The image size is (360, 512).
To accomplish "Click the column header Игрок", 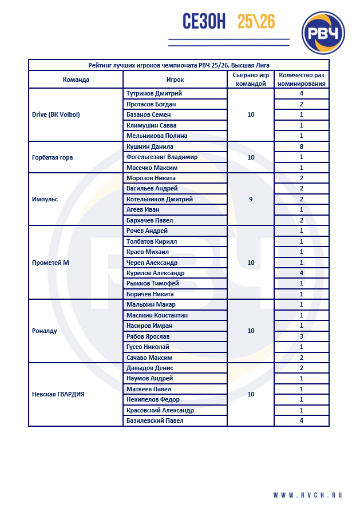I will tap(175, 80).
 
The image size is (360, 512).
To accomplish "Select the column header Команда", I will tap(76, 80).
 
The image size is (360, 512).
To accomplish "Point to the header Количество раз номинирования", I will tap(302, 80).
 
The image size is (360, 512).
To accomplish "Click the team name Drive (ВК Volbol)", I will tap(56, 114).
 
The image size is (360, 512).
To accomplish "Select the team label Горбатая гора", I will tap(53, 157).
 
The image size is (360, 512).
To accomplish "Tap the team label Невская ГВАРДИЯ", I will tap(58, 394).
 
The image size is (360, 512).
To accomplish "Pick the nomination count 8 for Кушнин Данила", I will tap(302, 146).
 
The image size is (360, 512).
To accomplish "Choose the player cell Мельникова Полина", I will tap(157, 136).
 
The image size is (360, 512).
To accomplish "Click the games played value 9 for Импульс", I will tap(251, 199).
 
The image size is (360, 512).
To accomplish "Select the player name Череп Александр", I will tap(152, 263).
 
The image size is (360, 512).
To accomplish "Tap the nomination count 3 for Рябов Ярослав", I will tap(302, 336).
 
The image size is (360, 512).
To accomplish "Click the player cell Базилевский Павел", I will tap(155, 420).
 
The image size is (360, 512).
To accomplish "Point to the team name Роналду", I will tap(45, 331).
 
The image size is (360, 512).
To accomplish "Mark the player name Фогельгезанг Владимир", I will tap(162, 157).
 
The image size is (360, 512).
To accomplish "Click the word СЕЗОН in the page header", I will tap(204, 22).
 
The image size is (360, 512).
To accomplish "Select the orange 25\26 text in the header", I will tap(256, 22).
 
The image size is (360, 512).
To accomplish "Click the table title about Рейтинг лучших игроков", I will tap(179, 65).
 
